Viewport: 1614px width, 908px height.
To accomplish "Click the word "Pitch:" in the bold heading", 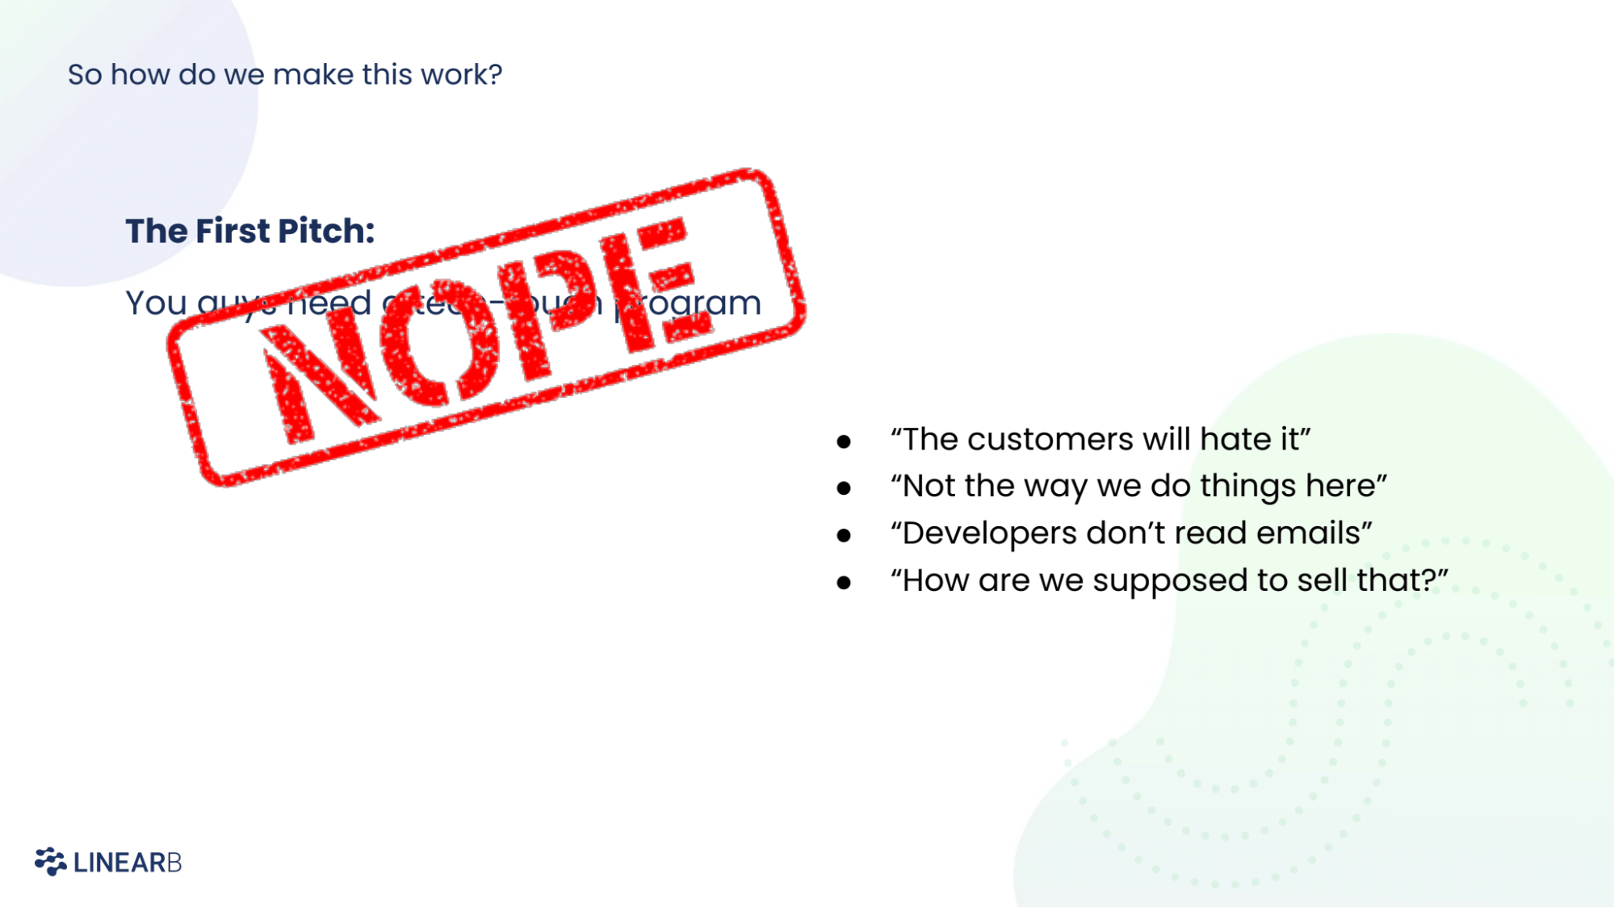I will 326,231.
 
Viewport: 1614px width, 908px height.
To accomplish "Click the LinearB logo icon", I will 50,861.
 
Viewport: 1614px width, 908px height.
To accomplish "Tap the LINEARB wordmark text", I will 128,863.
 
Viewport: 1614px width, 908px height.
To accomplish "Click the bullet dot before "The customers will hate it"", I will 844,441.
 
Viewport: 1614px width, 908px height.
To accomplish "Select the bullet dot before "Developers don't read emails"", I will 844,535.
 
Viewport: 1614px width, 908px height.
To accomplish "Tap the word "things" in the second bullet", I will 1248,487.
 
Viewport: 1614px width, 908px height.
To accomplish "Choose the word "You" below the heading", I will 156,303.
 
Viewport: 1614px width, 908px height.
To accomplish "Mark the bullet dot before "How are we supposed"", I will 844,582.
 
